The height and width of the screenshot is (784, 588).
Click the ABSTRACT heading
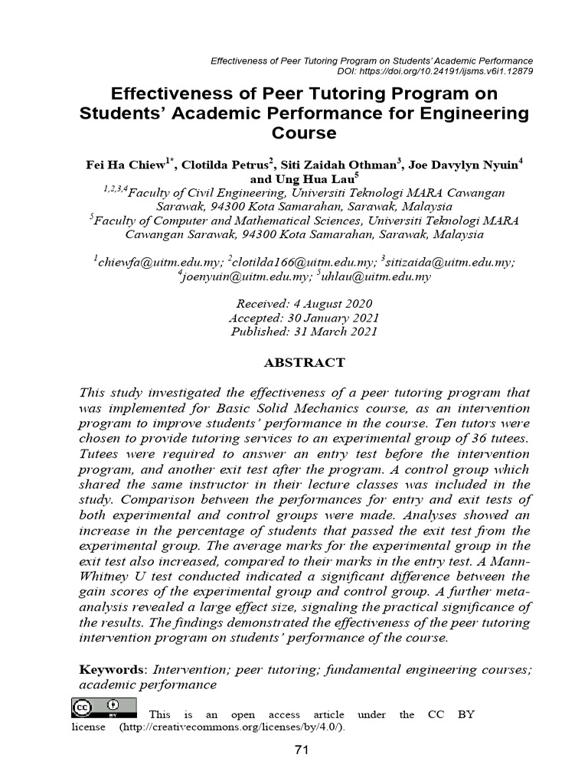pos(304,362)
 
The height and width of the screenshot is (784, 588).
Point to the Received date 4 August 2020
pos(304,303)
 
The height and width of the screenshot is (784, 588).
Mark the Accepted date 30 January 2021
pos(304,318)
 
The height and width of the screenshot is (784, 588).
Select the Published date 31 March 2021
pos(304,332)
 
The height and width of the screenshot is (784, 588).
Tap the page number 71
pos(301,750)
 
